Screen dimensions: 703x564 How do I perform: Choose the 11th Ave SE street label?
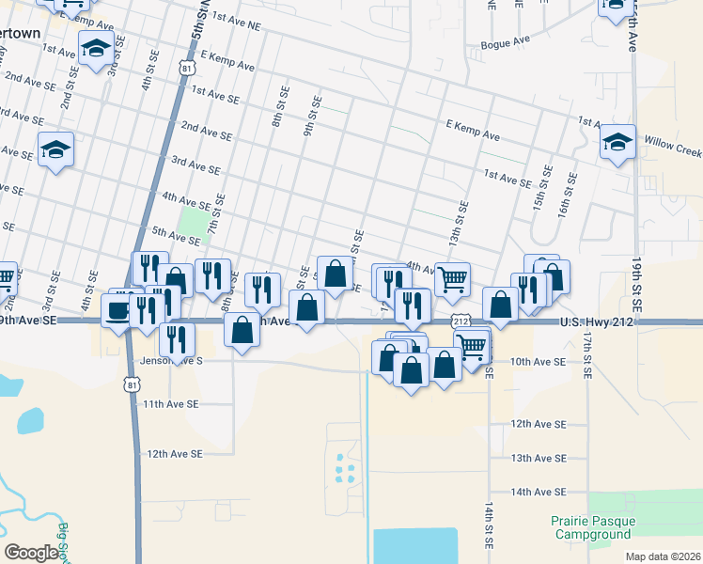(x=171, y=403)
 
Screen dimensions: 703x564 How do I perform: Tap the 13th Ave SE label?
(x=539, y=458)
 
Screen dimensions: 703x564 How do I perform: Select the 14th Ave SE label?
(x=539, y=492)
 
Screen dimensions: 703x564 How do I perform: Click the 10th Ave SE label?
(x=539, y=361)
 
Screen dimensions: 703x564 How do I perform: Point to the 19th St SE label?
(x=636, y=279)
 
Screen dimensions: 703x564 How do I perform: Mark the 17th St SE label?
(x=586, y=354)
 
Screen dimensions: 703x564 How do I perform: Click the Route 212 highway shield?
(x=461, y=321)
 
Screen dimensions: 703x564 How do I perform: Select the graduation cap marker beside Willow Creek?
(x=617, y=144)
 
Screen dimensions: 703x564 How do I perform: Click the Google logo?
(x=31, y=553)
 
